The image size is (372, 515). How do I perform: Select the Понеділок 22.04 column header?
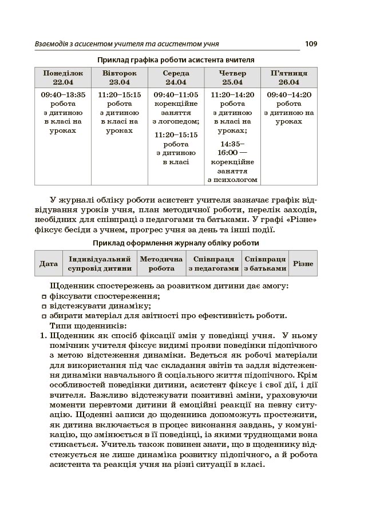(63, 78)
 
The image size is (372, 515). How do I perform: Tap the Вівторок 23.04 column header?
(120, 78)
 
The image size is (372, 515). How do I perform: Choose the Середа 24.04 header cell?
(176, 78)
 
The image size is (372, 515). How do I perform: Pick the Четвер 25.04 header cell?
(232, 78)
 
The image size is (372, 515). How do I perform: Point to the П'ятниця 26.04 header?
(289, 78)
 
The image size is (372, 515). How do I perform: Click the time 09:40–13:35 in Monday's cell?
(63, 95)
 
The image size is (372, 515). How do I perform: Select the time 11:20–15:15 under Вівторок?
(120, 95)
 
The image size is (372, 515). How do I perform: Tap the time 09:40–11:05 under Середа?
(176, 95)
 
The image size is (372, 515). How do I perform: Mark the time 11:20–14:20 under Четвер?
(232, 95)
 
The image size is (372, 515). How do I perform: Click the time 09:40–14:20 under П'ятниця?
(289, 95)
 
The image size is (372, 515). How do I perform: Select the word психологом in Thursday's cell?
(232, 180)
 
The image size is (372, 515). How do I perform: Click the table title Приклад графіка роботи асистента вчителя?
(176, 60)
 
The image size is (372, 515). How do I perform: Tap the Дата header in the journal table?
(49, 264)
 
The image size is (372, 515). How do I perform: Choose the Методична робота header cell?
(161, 264)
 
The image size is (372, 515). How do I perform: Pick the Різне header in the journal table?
(303, 264)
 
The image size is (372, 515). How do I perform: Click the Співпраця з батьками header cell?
(266, 264)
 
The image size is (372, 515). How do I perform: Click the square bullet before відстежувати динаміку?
(44, 307)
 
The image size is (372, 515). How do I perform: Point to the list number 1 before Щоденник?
(43, 336)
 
